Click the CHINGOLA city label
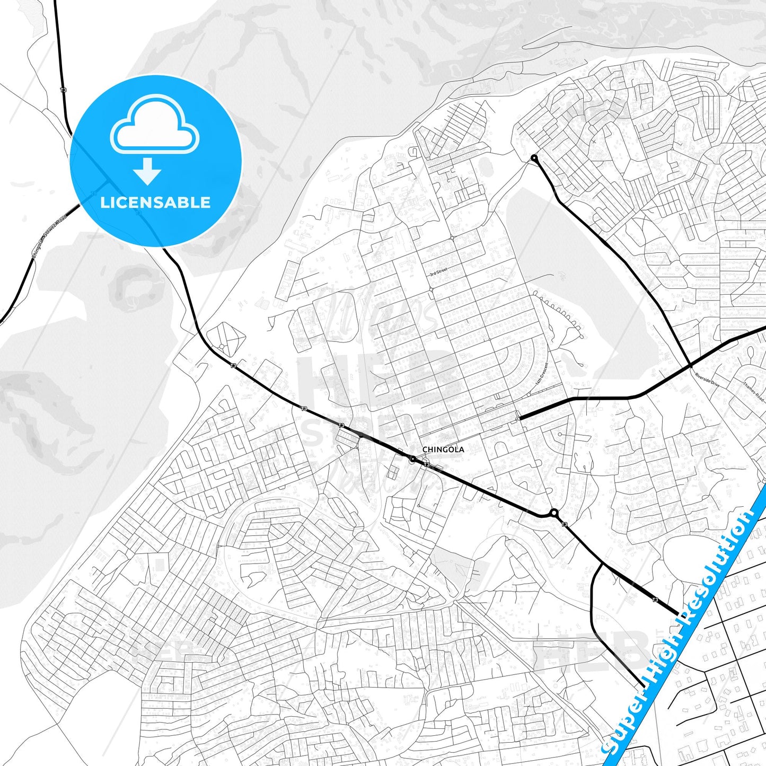(x=443, y=450)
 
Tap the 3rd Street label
(x=438, y=272)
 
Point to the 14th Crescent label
(x=540, y=374)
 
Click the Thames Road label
(x=753, y=392)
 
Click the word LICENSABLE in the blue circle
(x=155, y=202)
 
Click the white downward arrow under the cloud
(x=147, y=171)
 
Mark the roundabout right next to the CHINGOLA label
(x=412, y=459)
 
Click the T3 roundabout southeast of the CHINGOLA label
(x=554, y=513)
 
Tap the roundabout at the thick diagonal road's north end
(x=534, y=158)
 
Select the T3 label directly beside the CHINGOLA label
(x=426, y=465)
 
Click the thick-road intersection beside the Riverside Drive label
(x=690, y=365)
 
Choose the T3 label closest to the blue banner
(x=655, y=600)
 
